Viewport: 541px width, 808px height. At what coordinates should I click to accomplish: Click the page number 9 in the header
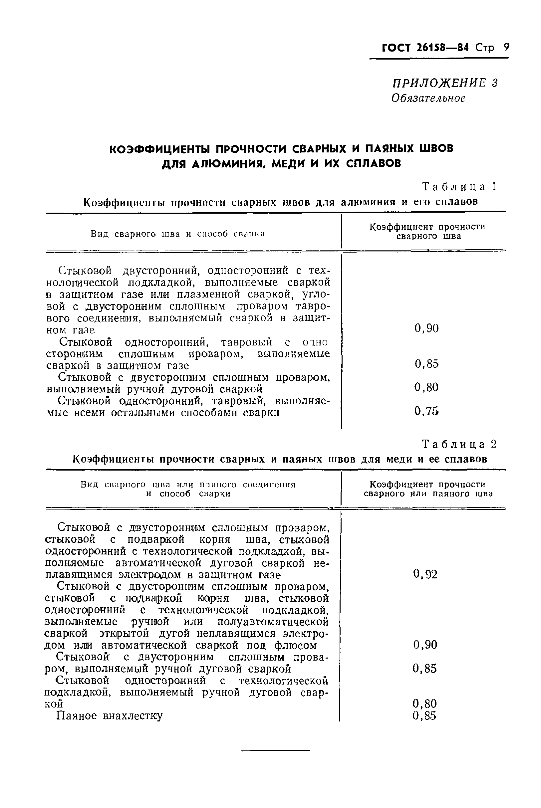506,47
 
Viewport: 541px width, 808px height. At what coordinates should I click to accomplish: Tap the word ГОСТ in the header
397,48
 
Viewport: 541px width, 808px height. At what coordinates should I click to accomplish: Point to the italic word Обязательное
428,98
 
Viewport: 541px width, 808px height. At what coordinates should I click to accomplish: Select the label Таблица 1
459,187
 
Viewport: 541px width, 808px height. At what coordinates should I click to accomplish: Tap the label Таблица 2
459,445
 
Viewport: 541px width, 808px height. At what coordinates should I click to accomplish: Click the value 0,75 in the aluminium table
426,411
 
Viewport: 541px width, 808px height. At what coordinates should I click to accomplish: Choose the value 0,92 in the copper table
425,574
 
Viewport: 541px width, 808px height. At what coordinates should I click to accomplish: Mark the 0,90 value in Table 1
426,328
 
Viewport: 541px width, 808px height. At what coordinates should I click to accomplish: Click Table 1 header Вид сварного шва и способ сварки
178,234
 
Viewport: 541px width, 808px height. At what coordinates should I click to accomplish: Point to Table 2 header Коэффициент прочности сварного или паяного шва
428,489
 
